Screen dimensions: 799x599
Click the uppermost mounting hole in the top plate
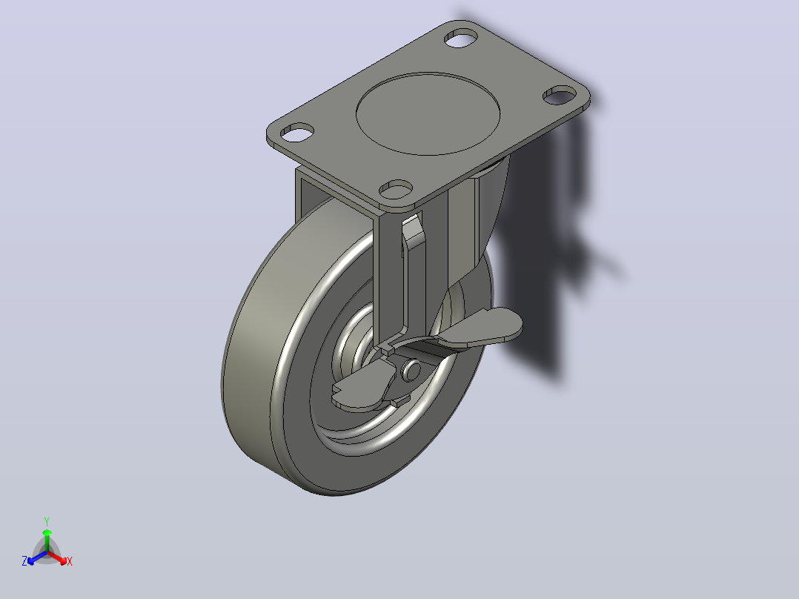461,39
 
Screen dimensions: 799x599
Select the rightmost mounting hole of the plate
559,95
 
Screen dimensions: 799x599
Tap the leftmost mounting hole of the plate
296,133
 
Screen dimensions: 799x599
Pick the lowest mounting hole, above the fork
396,189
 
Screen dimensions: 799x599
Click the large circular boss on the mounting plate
428,113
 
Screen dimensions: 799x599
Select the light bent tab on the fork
413,232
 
